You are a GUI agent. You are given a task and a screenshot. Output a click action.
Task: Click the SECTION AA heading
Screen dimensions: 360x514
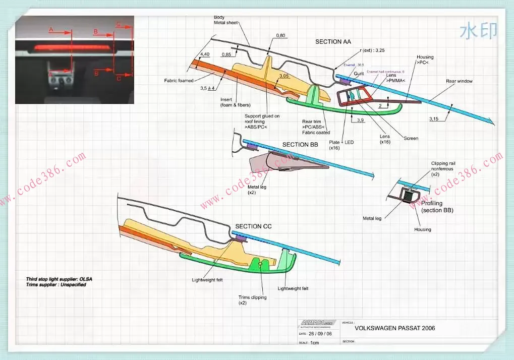click(333, 41)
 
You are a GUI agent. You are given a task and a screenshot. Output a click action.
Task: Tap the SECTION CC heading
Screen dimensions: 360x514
click(253, 226)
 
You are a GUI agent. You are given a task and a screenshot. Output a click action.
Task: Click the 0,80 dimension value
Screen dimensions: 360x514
click(281, 35)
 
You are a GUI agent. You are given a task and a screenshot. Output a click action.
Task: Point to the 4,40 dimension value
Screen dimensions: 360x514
click(205, 54)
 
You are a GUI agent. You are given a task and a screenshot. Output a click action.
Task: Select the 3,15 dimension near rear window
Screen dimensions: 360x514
click(434, 119)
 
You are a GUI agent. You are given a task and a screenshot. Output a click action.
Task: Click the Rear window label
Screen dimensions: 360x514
click(459, 81)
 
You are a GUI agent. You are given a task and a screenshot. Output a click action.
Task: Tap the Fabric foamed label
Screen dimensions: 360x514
click(179, 81)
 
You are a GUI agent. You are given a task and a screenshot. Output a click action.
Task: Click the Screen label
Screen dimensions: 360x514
click(411, 138)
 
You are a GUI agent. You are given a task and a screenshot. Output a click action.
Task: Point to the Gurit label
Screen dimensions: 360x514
click(359, 74)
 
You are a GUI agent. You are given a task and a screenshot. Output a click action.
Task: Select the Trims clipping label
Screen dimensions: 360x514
click(253, 297)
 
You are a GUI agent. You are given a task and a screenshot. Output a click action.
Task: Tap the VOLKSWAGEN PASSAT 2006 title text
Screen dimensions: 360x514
click(394, 328)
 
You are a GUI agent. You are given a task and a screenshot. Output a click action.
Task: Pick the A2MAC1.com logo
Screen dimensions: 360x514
click(317, 323)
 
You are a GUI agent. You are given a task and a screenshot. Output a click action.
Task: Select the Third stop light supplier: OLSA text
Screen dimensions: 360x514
click(59, 279)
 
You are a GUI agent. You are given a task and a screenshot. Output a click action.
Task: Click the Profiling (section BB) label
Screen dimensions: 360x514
click(437, 207)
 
